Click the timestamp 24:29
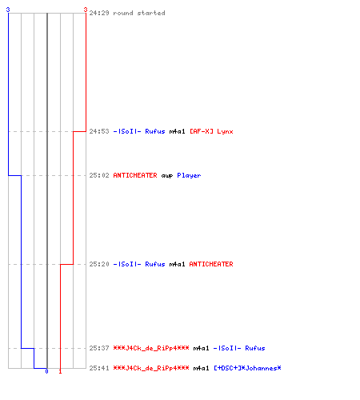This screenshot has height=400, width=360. (x=99, y=13)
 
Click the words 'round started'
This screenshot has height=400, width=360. (x=139, y=13)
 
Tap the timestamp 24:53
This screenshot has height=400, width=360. (x=99, y=131)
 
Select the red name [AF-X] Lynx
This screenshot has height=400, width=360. (x=211, y=131)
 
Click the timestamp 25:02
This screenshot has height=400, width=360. (x=99, y=175)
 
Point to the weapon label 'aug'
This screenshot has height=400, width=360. (x=167, y=176)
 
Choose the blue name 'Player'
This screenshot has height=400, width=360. (x=189, y=176)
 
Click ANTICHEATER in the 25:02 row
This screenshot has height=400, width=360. (x=135, y=175)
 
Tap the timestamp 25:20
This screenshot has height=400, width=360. (x=99, y=264)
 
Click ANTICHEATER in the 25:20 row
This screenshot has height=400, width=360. (x=211, y=264)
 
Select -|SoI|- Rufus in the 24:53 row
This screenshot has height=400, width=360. (x=139, y=131)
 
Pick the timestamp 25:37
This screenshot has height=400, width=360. (x=99, y=348)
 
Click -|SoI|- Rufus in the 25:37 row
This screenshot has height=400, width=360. (x=239, y=348)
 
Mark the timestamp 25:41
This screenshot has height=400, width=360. (x=99, y=368)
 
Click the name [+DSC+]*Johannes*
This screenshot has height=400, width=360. (x=247, y=368)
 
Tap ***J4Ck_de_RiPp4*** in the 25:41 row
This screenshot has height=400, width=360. (x=151, y=368)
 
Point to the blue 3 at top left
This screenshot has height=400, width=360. (x=8, y=10)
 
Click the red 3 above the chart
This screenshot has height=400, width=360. (x=86, y=10)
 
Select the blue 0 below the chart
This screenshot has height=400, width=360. (x=46, y=371)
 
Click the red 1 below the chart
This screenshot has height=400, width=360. (x=60, y=371)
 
